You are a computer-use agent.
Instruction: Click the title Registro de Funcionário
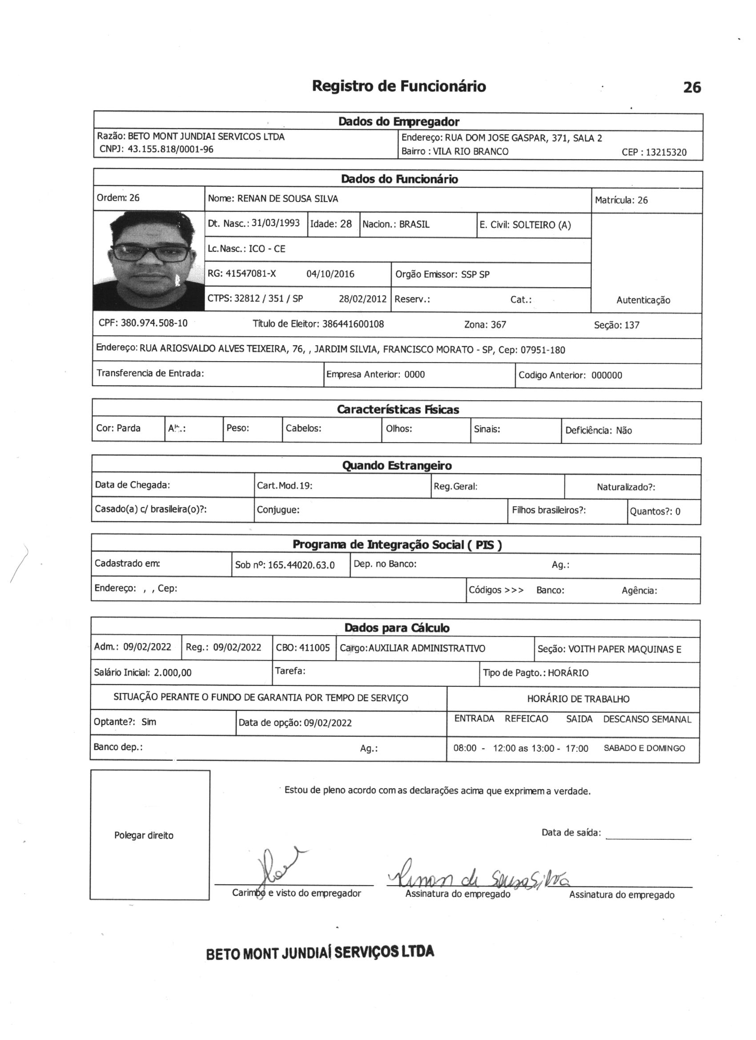398,86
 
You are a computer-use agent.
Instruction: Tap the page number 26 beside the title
692,87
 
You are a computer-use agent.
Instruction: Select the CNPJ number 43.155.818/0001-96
170,149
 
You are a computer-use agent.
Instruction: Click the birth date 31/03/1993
276,223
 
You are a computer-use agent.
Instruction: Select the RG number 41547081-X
251,274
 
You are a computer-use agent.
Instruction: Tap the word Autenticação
643,300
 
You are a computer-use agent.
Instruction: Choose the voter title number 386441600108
353,324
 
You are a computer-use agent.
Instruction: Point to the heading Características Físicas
398,410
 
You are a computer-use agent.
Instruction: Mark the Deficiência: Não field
598,431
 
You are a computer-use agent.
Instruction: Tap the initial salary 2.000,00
173,673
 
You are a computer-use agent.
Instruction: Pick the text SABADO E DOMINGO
643,748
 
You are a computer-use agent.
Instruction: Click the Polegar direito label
144,835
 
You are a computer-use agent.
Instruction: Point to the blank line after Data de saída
648,837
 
